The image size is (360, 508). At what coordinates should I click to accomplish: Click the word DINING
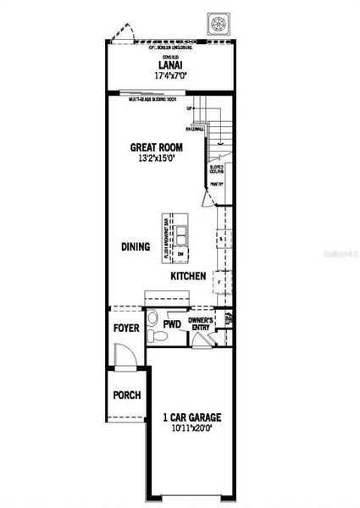(136, 247)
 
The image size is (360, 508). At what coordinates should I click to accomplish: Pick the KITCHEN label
(189, 277)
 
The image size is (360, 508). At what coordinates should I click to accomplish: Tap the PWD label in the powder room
(172, 324)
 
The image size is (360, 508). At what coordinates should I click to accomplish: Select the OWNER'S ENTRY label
(201, 323)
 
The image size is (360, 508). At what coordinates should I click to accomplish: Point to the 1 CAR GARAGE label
(192, 417)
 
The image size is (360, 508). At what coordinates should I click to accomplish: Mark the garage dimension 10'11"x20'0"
(192, 428)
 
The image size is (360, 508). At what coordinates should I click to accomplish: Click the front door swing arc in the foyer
(124, 358)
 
